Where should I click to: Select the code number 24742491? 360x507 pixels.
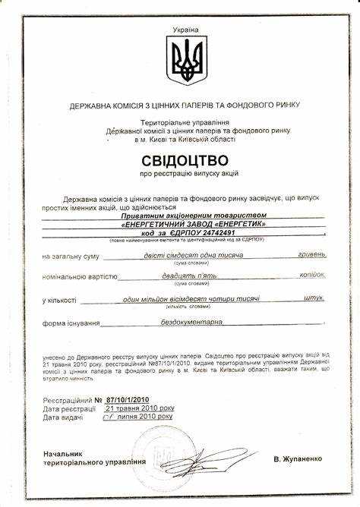click(209, 235)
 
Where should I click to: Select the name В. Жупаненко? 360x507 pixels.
click(298, 459)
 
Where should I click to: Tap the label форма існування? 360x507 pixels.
click(72, 323)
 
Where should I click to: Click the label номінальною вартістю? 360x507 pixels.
click(79, 278)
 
